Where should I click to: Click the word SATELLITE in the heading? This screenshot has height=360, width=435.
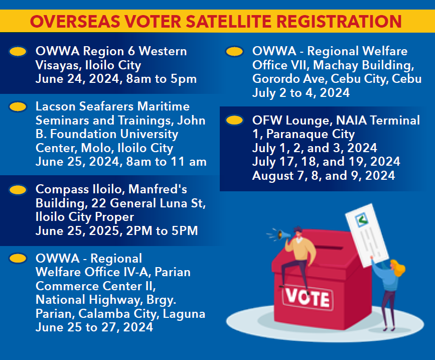[x=232, y=22]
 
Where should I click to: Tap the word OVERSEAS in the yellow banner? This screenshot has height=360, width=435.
[x=75, y=22]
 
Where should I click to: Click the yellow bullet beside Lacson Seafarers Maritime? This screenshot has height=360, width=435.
[x=18, y=106]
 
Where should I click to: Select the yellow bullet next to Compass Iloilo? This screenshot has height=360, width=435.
[x=18, y=190]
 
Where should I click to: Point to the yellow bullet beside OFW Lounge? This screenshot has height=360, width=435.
[x=234, y=121]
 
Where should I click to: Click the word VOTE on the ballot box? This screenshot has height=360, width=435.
[x=308, y=298]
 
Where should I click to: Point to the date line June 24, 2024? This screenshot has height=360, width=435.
[x=78, y=79]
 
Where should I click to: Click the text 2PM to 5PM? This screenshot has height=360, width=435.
[x=162, y=230]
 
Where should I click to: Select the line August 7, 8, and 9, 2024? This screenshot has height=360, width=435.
[x=324, y=176]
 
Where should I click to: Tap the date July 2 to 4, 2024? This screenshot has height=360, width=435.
[x=301, y=93]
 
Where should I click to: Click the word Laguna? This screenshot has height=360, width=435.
[x=184, y=314]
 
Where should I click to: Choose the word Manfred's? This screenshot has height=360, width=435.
[x=158, y=189]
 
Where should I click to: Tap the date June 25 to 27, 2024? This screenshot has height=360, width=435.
[x=94, y=327]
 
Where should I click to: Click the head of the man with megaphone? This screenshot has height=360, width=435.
[x=298, y=231]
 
